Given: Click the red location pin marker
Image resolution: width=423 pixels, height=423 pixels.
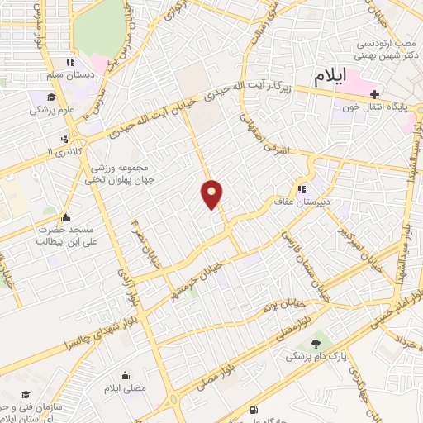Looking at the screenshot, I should point(212,195).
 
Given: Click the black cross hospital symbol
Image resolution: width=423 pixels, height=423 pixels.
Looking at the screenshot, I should point(375,93).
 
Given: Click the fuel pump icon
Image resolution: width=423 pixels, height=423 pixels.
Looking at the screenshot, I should point(253,410).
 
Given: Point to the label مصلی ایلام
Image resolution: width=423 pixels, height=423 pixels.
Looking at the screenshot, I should point(133,387).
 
